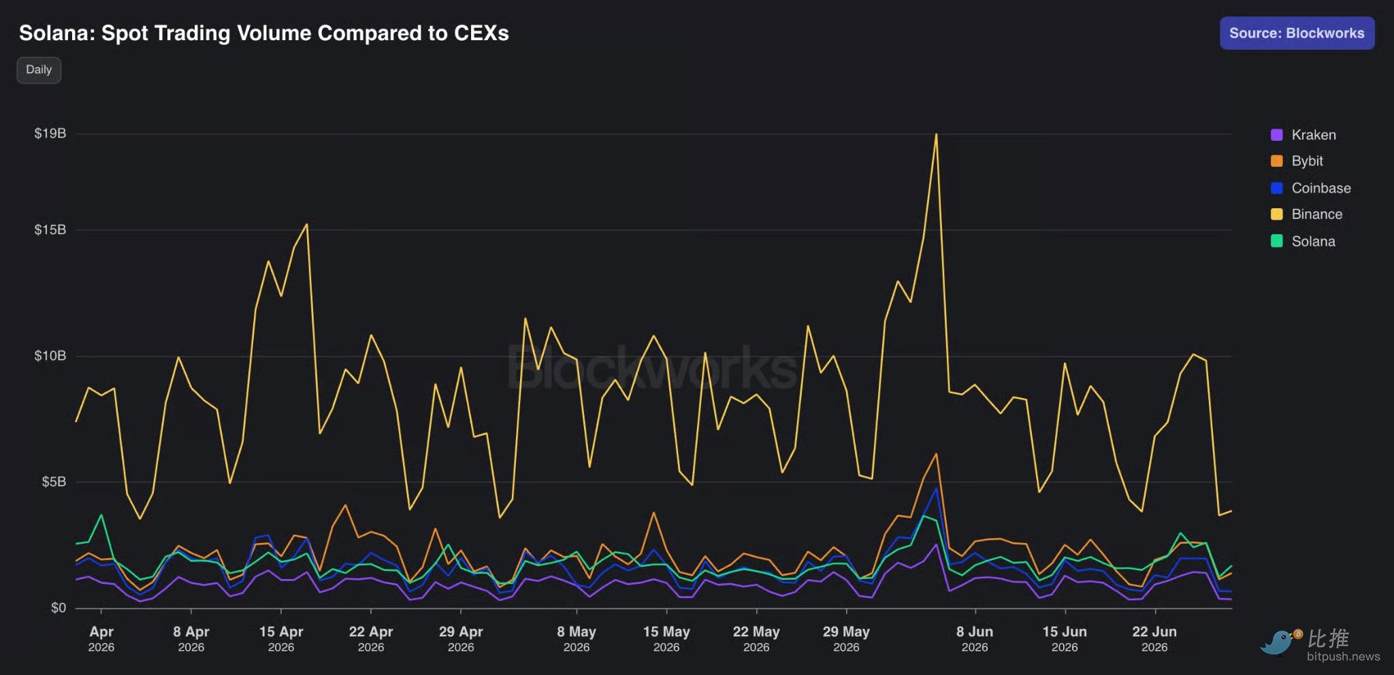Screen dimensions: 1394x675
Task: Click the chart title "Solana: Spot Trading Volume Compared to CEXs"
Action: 264,33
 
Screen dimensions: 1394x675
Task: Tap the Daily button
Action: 39,69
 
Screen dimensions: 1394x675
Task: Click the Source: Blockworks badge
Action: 1297,33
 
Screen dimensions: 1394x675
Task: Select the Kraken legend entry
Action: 1303,135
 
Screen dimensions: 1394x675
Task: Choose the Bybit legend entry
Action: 1297,161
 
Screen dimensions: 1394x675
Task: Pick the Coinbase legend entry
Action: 1311,188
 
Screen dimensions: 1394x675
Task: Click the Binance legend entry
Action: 1307,214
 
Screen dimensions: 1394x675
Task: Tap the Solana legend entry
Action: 1303,241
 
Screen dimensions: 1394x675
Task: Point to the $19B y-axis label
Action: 50,133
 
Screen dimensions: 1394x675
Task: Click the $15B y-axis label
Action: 50,230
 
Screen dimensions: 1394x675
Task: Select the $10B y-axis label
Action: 50,356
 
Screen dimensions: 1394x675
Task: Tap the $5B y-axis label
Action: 54,482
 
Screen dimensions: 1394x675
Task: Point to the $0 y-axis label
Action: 58,608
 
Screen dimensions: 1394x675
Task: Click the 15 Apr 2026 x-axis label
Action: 281,639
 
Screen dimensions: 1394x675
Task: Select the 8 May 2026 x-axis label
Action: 577,639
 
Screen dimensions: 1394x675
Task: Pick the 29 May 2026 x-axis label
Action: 846,639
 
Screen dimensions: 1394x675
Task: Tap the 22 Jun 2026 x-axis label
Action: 1154,639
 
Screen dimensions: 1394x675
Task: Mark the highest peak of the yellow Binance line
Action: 937,134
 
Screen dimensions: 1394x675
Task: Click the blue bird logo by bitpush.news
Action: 1280,642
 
